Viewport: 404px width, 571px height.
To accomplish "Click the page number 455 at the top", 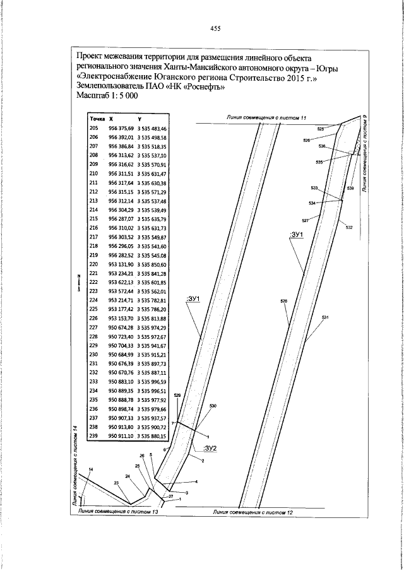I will tap(214, 28).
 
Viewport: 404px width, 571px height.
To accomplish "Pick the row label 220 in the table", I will tap(95, 264).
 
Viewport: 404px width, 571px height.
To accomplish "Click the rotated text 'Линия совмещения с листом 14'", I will tap(74, 466).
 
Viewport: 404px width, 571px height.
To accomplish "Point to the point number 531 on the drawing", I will tap(326, 317).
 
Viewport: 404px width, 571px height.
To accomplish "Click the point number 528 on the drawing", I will tap(283, 302).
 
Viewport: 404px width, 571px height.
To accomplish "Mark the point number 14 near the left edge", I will tap(91, 469).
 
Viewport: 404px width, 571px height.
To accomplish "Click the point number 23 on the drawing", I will tap(116, 483).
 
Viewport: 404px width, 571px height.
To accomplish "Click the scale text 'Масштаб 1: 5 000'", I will tap(104, 95).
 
